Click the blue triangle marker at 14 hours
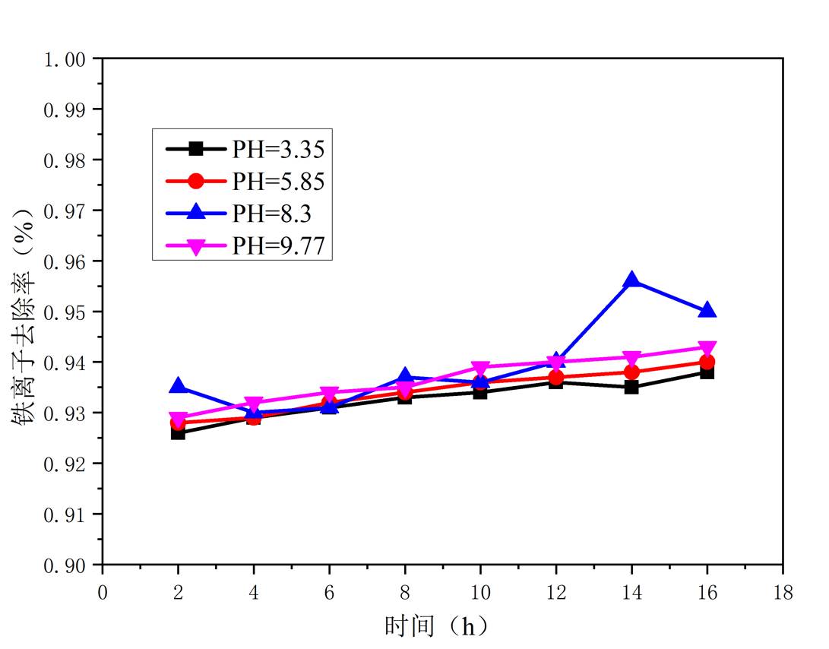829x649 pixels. click(x=631, y=280)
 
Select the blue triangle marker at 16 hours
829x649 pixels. click(x=707, y=310)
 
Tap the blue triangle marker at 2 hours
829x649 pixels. click(x=178, y=386)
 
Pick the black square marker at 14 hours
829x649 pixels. click(x=631, y=387)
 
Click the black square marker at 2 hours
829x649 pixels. click(x=178, y=432)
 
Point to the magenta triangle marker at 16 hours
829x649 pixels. click(x=707, y=348)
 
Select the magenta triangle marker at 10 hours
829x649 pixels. click(x=480, y=369)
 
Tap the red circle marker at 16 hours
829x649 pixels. click(x=707, y=362)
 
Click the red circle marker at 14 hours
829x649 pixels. click(x=631, y=372)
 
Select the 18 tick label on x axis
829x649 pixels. click(x=782, y=592)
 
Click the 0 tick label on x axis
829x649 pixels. click(x=103, y=592)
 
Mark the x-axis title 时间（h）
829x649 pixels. click(x=437, y=626)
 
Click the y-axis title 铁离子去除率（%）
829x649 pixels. click(x=24, y=312)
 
